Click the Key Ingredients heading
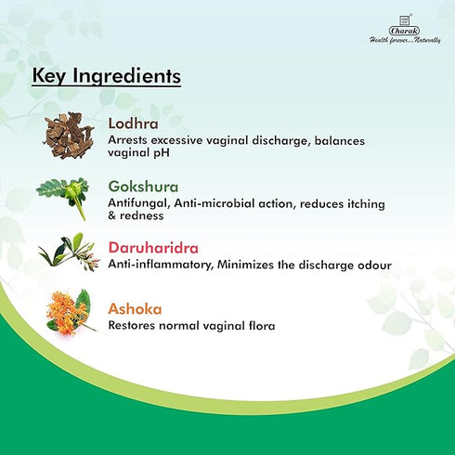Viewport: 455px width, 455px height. [106, 75]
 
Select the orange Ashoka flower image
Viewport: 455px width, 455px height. [69, 312]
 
